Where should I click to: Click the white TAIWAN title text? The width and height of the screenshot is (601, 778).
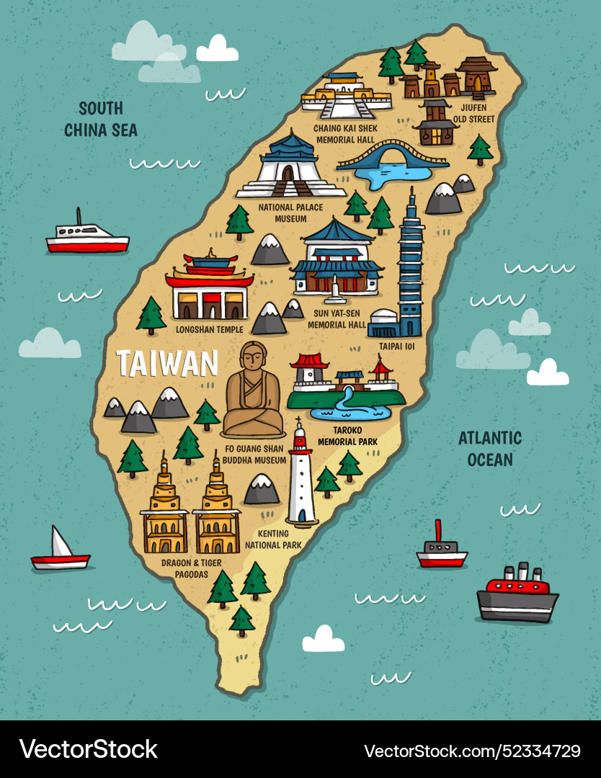coord(167,363)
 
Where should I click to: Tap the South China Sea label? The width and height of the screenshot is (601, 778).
coord(100,120)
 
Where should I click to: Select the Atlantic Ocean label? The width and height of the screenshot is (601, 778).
coord(490,448)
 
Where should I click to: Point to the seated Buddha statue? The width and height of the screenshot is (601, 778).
coord(252,393)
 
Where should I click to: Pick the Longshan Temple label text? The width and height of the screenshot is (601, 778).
coord(210,329)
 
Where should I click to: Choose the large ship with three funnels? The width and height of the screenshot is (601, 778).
coord(517,594)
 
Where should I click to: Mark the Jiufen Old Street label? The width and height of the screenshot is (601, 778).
coord(473,113)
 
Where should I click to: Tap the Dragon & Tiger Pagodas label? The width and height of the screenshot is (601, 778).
coord(191,568)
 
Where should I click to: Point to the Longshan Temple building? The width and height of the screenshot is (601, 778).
coord(210,288)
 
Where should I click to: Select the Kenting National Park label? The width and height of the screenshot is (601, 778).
coord(273,540)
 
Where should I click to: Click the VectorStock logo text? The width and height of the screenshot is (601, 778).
coord(89,749)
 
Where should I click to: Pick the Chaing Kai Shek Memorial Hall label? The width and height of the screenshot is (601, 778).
coord(345,134)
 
